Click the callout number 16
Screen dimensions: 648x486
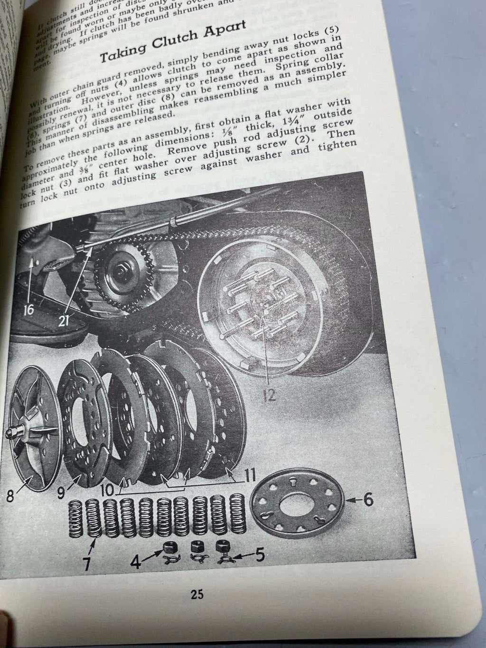click(28, 310)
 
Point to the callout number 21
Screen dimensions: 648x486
click(65, 321)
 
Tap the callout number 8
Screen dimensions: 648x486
click(10, 500)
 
